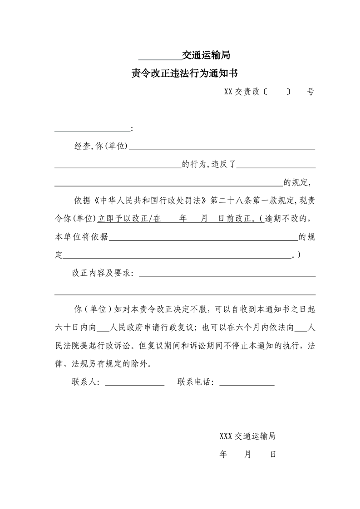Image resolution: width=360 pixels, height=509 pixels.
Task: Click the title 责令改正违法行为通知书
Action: click(x=185, y=73)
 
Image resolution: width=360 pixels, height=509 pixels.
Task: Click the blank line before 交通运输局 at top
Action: click(x=159, y=58)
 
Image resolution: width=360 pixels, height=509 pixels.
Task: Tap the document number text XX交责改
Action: click(x=242, y=92)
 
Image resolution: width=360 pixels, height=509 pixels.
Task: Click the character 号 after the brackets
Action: click(x=311, y=92)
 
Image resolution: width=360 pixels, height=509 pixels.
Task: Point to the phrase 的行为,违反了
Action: click(x=208, y=164)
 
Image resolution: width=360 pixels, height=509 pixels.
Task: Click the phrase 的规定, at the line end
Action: click(x=297, y=182)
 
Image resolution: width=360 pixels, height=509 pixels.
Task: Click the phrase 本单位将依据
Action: click(x=81, y=237)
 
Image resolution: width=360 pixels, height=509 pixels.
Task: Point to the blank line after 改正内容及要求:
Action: click(x=227, y=275)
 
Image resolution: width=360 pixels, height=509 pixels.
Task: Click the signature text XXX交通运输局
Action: click(x=247, y=436)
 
